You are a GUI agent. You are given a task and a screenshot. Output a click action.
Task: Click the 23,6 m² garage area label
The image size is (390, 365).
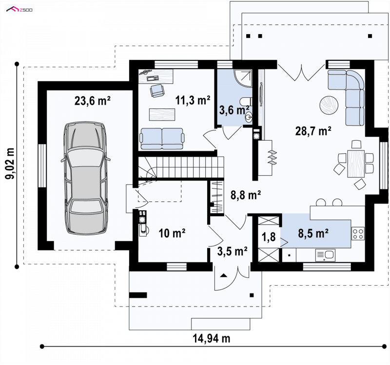93,101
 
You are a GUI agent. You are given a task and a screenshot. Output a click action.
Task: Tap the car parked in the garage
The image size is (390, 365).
86,178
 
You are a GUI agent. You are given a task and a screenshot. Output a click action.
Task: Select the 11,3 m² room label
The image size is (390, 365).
193,100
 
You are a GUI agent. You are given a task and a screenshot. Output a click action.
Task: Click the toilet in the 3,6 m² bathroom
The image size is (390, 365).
246,102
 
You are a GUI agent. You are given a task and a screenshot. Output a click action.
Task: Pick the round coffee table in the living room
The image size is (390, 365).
329,105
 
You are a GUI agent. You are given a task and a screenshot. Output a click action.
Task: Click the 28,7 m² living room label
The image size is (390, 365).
313,131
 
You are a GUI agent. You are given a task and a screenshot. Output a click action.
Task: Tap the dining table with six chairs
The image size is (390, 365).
356,164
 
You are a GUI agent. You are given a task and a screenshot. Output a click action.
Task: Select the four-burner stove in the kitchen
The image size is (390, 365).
358,234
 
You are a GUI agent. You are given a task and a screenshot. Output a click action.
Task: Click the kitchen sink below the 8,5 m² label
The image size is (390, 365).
325,255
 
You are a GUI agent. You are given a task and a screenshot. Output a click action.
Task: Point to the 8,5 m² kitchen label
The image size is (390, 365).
313,234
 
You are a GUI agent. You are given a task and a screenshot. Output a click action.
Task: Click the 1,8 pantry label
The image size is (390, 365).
269,237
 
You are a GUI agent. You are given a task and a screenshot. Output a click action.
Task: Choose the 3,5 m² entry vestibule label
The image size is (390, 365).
233,251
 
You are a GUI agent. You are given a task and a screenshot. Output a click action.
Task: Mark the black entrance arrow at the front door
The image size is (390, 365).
224,275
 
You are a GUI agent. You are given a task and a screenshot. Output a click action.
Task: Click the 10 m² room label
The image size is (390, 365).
172,233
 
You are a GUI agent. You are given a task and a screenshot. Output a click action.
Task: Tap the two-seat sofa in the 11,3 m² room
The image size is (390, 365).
162,139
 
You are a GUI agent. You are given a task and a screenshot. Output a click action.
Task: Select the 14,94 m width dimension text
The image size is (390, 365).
212,338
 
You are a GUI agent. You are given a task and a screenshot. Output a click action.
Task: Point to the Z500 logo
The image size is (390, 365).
19,10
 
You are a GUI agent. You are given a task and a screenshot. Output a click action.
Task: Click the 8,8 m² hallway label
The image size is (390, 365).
246,195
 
